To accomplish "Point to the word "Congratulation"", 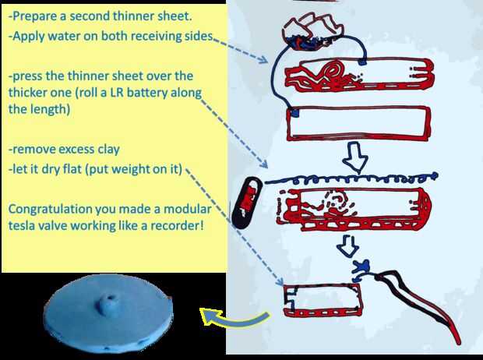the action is pos(50,210).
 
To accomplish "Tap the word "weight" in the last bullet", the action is pos(127,170).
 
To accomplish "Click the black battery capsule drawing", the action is pos(246,203).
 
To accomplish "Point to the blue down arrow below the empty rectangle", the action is pos(355,157).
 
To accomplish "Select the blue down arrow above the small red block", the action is pos(347,246).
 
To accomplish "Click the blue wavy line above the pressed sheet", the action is pos(351,178).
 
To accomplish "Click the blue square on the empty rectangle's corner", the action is pos(294,113).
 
